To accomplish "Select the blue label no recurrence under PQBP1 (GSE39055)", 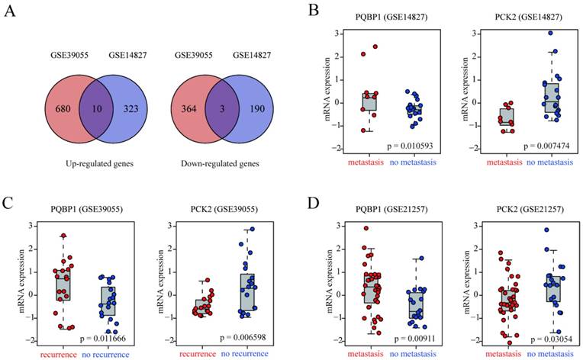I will (116, 354).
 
